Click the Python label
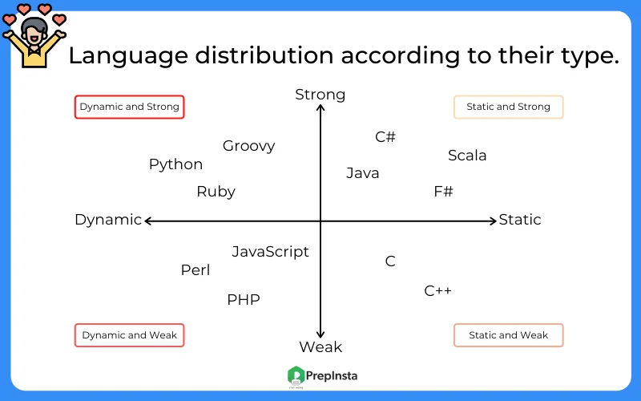coord(175,164)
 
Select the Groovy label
coord(248,146)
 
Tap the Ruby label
coord(216,192)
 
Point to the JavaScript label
coord(270,252)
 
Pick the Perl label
coord(196,270)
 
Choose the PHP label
coord(243,300)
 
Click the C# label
coord(385,137)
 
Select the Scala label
coord(467,156)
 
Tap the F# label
coord(443,192)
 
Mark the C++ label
coord(437,290)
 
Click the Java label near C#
coord(363,173)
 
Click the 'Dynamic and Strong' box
coord(130,107)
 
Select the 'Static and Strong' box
coord(508,107)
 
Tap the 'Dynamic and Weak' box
coord(130,335)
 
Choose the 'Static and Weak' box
coord(508,335)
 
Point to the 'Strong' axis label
coord(320,95)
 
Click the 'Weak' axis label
coord(320,347)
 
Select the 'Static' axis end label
coord(520,220)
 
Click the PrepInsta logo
coord(322,375)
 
